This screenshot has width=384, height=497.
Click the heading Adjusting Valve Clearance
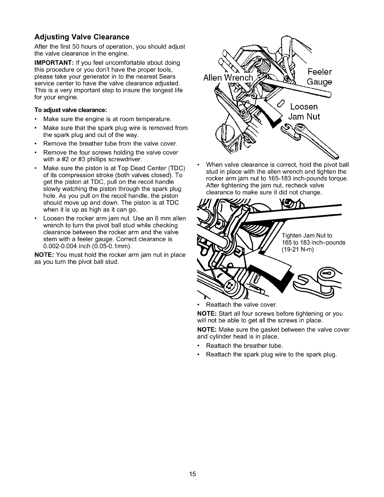(x=82, y=37)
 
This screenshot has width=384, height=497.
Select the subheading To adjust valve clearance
(x=71, y=110)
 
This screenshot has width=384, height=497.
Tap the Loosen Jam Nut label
(x=304, y=112)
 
